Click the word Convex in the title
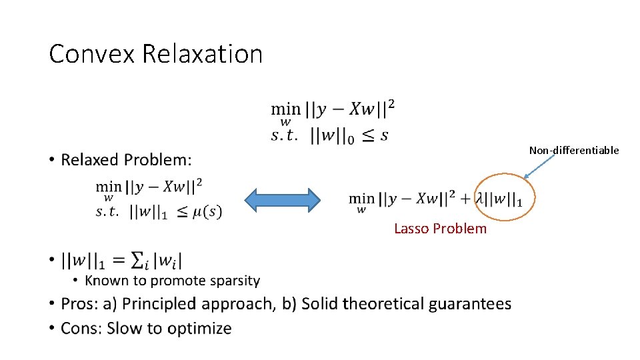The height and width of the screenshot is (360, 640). tap(92, 54)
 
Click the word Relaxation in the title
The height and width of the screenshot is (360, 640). tap(203, 54)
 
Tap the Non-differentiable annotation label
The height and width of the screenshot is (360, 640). tap(574, 151)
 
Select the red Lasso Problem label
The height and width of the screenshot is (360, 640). tap(440, 229)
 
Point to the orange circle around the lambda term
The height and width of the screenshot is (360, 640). tap(505, 197)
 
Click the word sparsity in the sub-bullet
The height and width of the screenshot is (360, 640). tap(234, 281)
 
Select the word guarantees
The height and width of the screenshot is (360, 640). tap(470, 304)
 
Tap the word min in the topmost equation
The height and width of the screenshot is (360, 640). tap(285, 109)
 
